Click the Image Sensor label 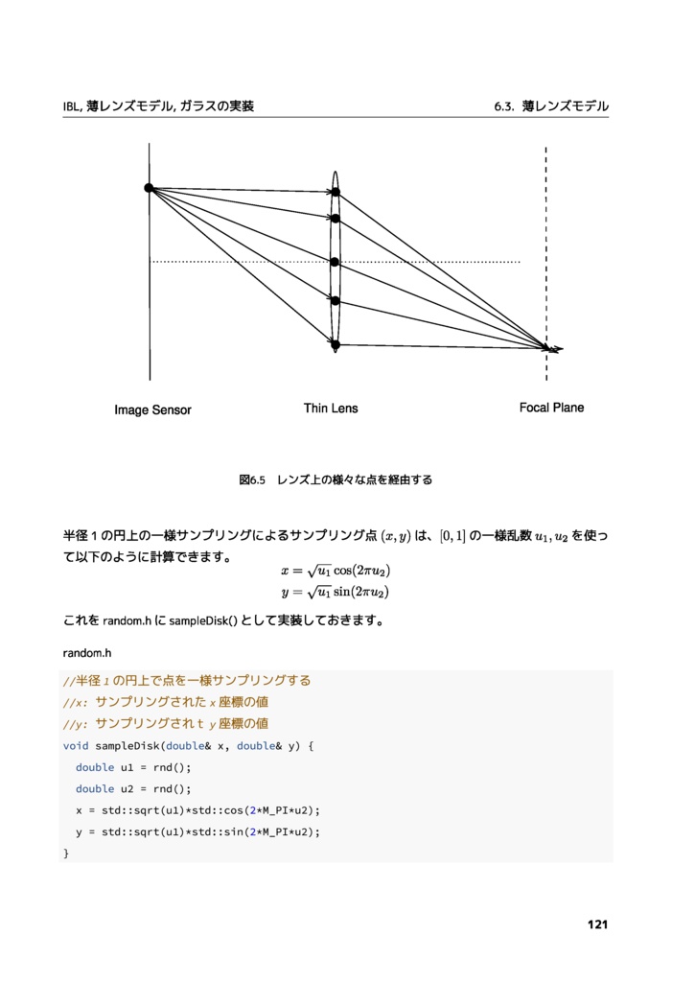[x=152, y=410]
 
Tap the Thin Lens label [x=331, y=409]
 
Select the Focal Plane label [x=551, y=408]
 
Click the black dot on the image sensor [x=150, y=188]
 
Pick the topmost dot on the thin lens [x=336, y=193]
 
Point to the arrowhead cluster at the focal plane [x=551, y=348]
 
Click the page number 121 [x=597, y=924]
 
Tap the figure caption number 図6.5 [x=251, y=479]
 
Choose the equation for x [x=335, y=572]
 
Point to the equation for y [x=335, y=592]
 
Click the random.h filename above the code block [x=87, y=653]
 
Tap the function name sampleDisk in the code [x=128, y=745]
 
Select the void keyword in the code [x=76, y=745]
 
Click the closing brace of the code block [x=66, y=853]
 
